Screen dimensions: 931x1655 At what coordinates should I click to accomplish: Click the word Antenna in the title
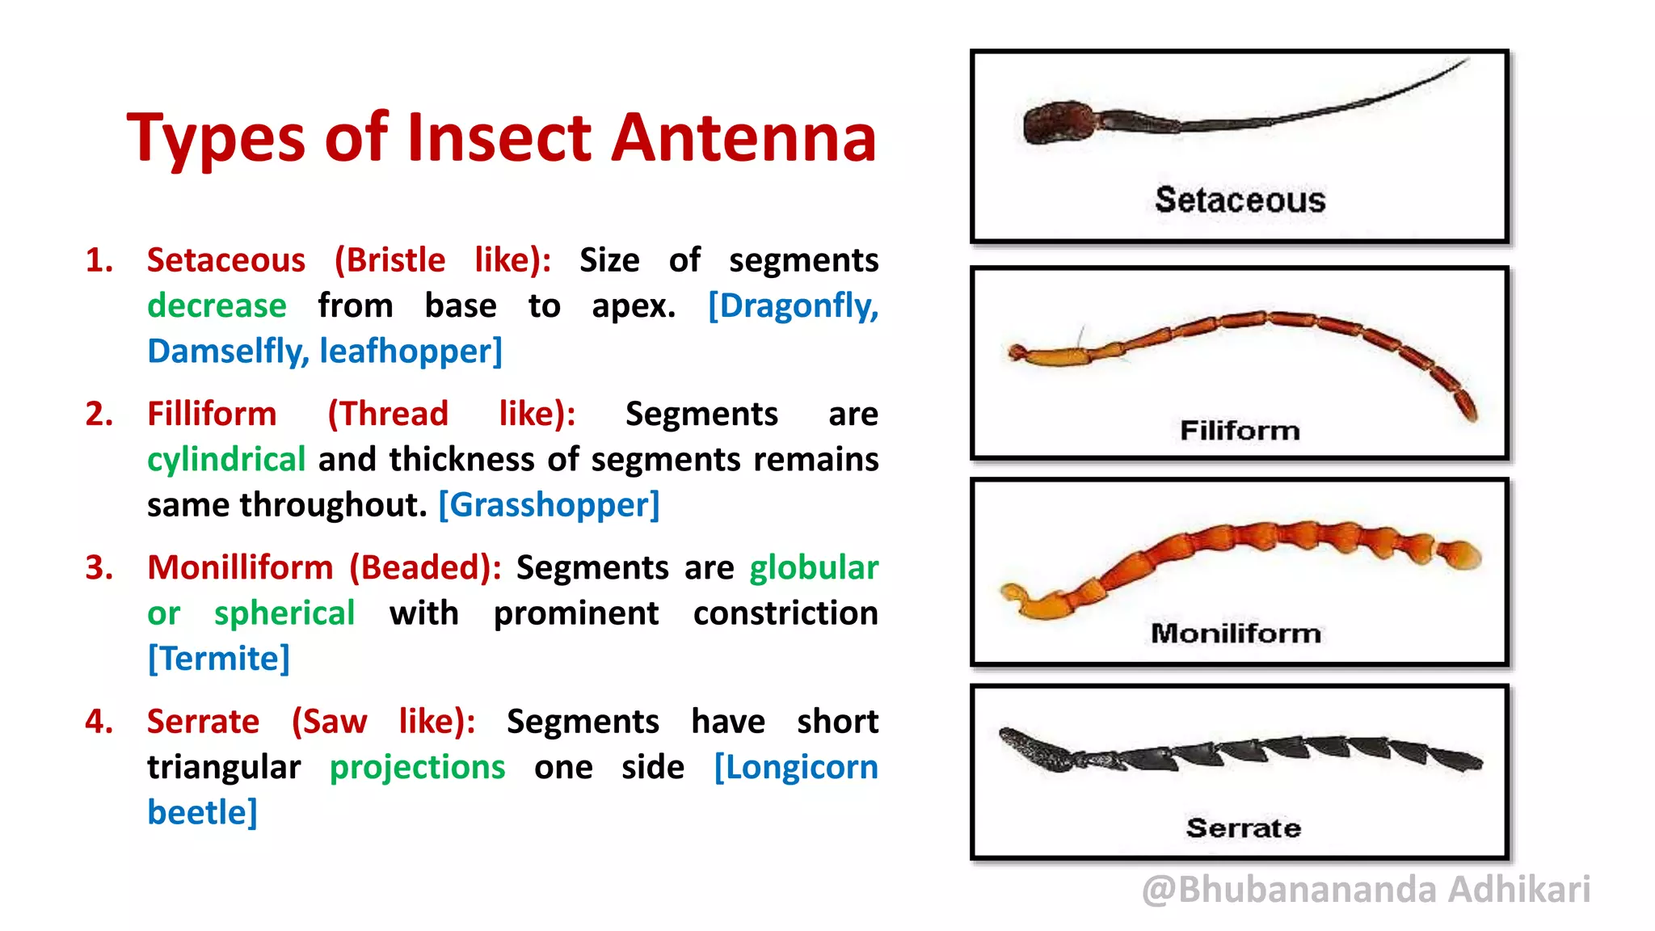[743, 137]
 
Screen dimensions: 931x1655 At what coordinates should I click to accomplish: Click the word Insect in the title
[499, 137]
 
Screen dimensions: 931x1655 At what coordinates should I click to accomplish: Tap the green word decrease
[217, 305]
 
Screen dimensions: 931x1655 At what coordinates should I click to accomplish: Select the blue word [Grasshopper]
[549, 505]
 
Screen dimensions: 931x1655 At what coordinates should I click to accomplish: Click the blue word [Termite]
[218, 659]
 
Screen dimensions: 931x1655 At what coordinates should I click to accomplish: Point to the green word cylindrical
[226, 460]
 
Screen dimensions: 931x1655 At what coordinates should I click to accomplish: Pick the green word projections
[417, 768]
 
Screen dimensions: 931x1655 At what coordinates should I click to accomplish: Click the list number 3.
[99, 567]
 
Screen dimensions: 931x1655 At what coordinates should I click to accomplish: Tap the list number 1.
[99, 260]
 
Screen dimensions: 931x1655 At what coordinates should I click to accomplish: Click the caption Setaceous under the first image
[1240, 200]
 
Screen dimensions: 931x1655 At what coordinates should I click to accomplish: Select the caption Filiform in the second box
[1240, 430]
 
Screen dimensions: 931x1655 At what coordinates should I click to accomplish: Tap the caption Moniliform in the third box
[1236, 633]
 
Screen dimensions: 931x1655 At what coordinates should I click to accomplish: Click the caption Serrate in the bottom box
[1243, 828]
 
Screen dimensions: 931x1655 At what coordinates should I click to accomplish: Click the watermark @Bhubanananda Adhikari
[1366, 890]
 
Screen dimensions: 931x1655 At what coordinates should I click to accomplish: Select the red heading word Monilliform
[240, 567]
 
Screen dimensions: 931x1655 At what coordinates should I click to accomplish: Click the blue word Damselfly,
[228, 352]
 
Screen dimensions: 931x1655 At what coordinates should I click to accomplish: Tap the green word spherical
[284, 613]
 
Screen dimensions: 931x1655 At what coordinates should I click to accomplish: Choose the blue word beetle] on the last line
[202, 812]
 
